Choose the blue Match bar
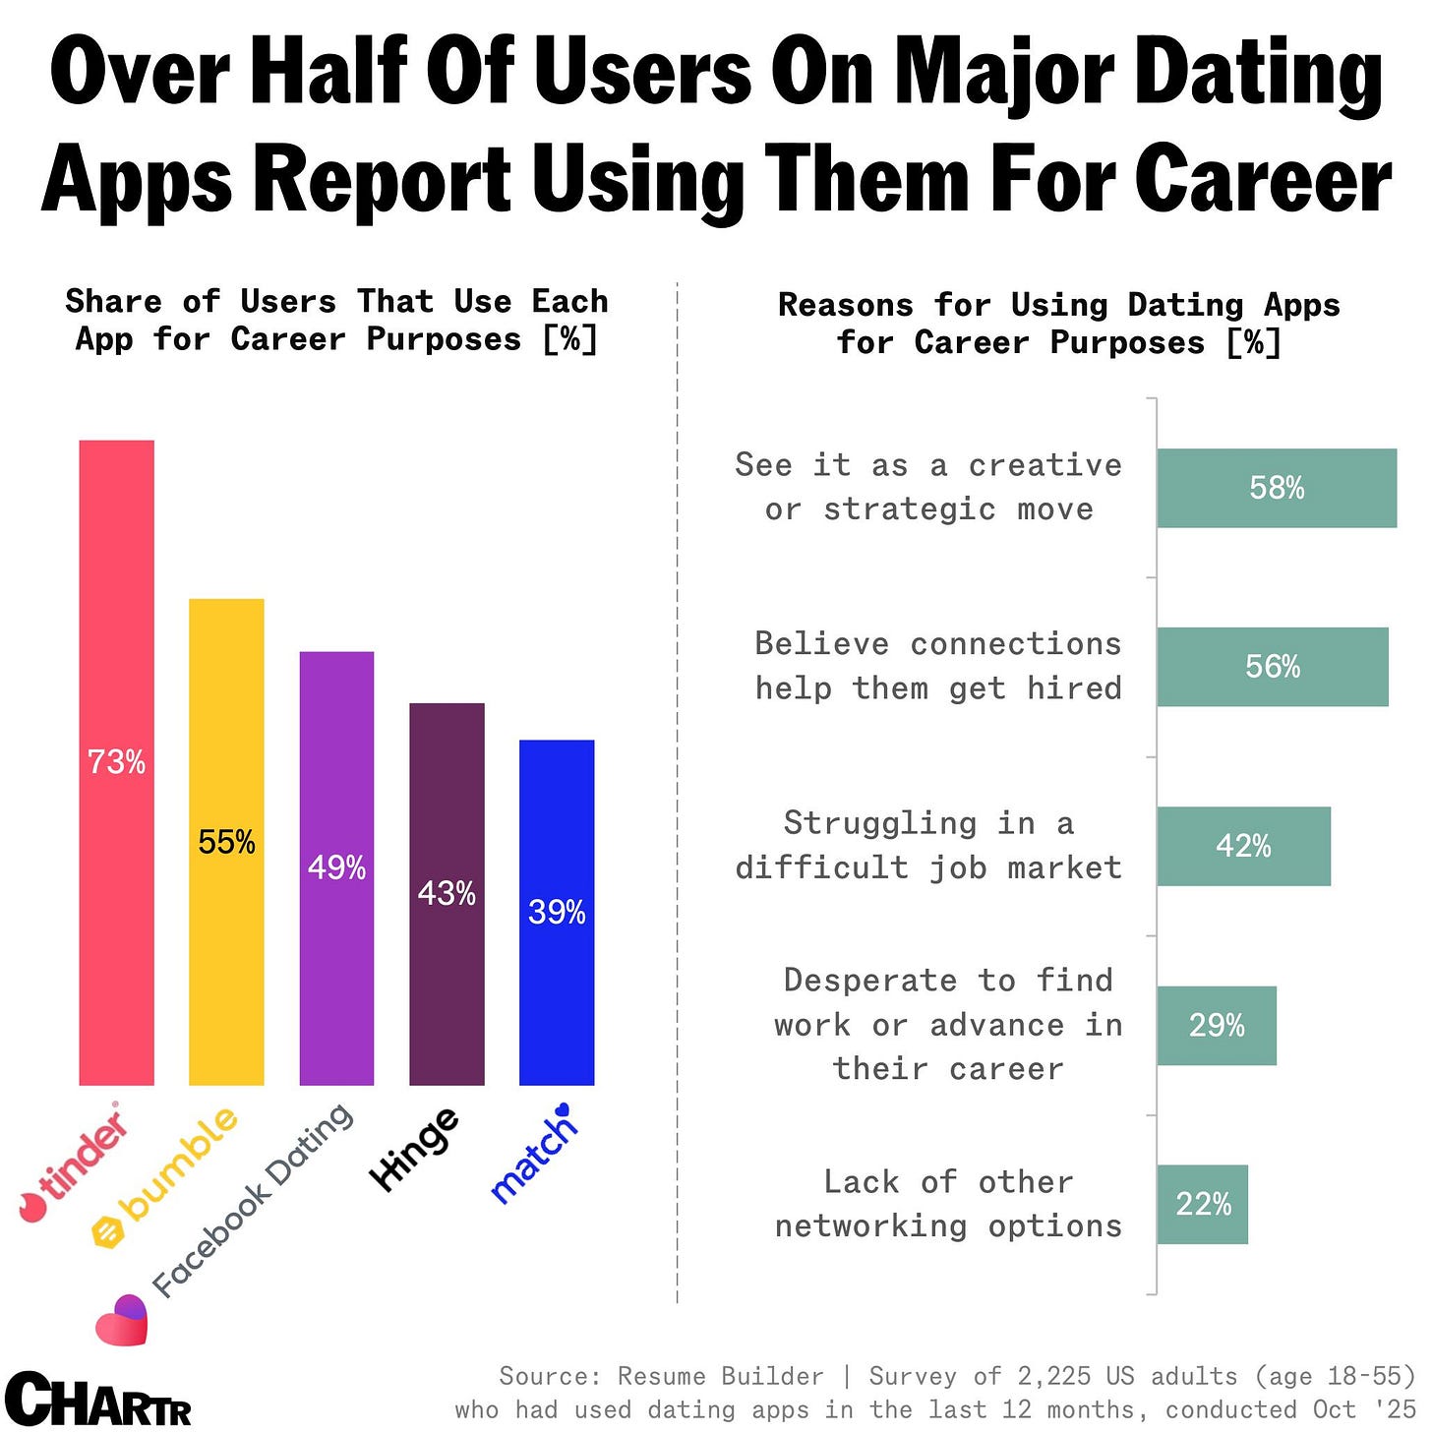(x=557, y=1003)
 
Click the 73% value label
(x=116, y=762)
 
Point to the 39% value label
(x=557, y=912)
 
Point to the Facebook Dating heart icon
(x=121, y=1320)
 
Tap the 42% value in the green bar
(x=1243, y=846)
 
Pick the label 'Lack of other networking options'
(x=948, y=1204)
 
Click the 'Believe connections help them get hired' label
(x=938, y=666)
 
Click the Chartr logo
(x=98, y=1400)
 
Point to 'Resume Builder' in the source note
(x=720, y=1376)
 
